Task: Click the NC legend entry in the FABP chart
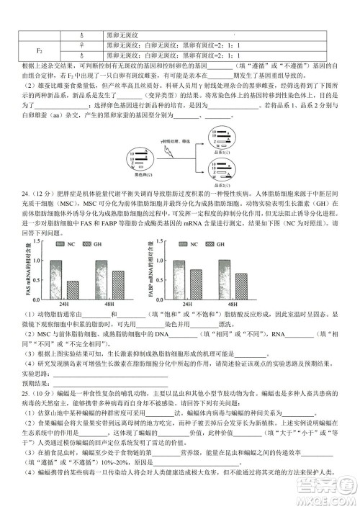[x=189, y=245]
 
